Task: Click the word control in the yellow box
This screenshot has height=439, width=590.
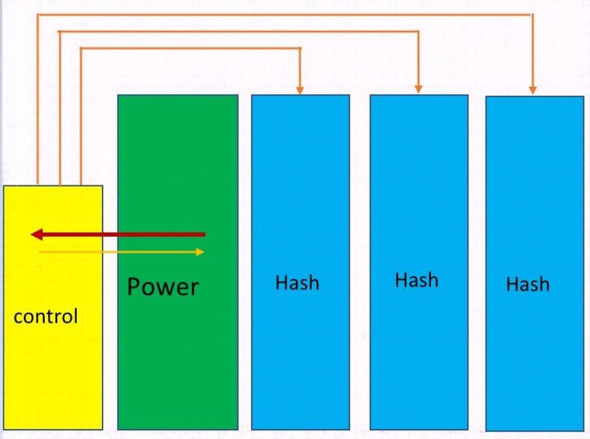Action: click(45, 317)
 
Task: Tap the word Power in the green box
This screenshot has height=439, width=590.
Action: click(162, 287)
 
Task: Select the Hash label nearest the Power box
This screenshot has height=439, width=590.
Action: click(297, 283)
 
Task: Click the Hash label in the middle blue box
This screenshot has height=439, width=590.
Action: click(417, 280)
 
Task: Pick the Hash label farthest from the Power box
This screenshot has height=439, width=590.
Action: click(528, 284)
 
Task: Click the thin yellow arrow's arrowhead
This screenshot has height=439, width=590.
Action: click(200, 251)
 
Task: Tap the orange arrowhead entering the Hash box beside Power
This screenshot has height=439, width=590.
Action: click(300, 89)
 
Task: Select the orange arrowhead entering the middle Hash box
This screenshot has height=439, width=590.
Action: click(418, 88)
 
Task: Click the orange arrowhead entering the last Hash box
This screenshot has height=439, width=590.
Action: click(533, 89)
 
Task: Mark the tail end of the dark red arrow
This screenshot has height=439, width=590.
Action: click(204, 234)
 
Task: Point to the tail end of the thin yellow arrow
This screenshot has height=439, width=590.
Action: click(40, 251)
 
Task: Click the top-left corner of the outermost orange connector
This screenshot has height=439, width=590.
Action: click(38, 14)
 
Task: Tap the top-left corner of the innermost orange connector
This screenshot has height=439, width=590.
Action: click(81, 48)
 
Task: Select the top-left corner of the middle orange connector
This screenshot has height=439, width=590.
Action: click(60, 31)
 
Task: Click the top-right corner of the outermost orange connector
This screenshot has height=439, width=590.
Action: click(533, 14)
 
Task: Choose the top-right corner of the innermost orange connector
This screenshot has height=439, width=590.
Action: click(300, 48)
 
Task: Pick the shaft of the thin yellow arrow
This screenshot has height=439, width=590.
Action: click(118, 251)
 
